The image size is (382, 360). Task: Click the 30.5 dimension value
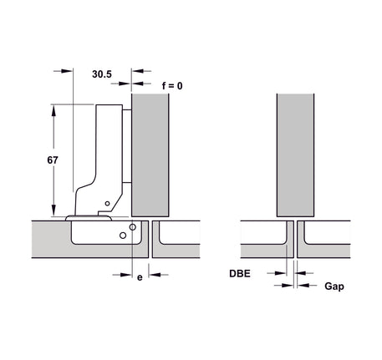coord(102,74)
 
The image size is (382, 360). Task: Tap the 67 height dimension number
coord(53,160)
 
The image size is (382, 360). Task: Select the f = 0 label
coord(172,86)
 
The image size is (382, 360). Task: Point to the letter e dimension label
coord(140,277)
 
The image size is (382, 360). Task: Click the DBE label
coord(240,273)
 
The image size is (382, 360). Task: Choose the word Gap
coord(334,286)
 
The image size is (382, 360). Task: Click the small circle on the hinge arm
coord(107,204)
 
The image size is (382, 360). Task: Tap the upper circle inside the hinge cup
coord(133,227)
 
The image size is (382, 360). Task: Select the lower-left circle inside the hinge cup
coord(123,236)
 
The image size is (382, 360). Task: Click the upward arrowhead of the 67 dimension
coord(53,110)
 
